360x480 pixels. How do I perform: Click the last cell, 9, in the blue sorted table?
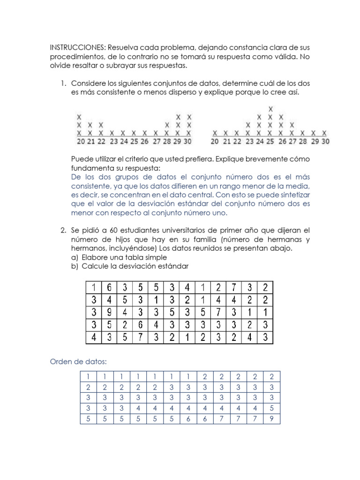[x=271, y=419]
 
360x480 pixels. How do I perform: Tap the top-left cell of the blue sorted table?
[x=88, y=376]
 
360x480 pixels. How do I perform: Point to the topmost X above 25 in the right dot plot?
[x=270, y=109]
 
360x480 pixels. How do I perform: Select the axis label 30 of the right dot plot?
[x=325, y=141]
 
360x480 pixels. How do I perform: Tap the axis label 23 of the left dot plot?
[x=114, y=141]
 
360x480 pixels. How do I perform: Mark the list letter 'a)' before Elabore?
[x=75, y=257]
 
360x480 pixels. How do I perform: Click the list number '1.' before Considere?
[x=63, y=83]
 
